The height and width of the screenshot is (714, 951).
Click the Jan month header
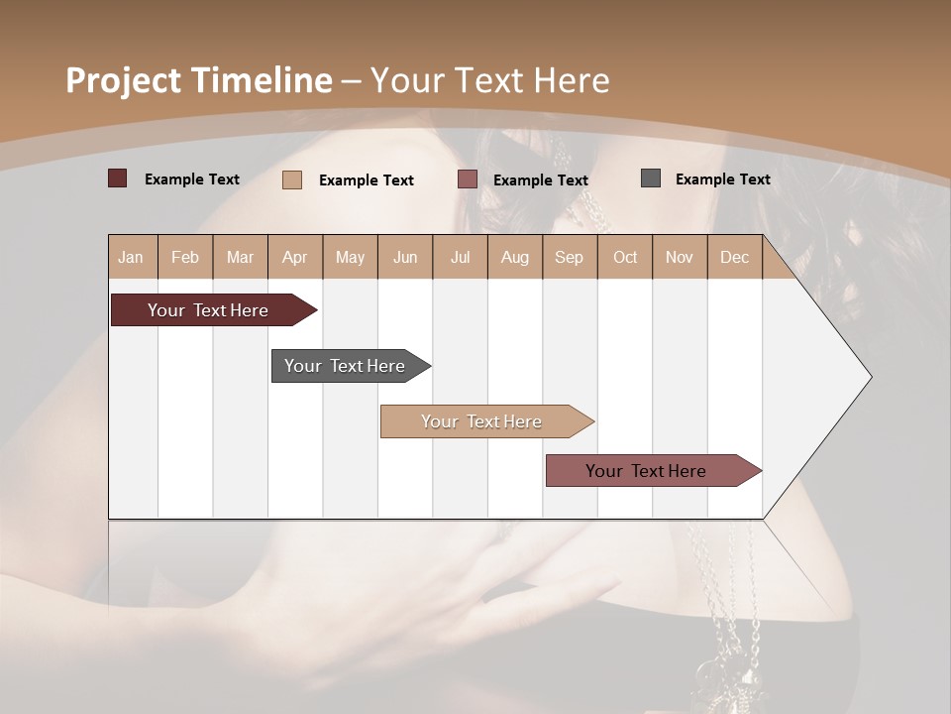(132, 257)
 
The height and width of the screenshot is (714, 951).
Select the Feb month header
(185, 257)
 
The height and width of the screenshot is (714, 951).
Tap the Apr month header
(294, 257)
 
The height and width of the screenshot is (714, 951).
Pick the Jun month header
(405, 257)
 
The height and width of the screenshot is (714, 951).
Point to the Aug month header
(514, 257)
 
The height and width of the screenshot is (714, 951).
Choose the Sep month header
(569, 257)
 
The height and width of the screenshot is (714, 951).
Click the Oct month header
(625, 257)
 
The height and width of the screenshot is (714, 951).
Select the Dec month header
(734, 257)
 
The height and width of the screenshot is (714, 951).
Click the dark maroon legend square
(117, 178)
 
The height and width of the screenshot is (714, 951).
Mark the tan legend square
(291, 179)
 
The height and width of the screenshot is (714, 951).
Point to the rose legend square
(468, 179)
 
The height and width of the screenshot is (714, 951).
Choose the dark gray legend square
(651, 178)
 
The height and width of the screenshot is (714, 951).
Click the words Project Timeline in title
(198, 80)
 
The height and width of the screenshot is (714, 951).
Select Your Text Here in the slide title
(489, 80)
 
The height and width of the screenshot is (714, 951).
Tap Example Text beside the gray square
(722, 178)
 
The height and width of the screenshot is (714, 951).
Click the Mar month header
(240, 257)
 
